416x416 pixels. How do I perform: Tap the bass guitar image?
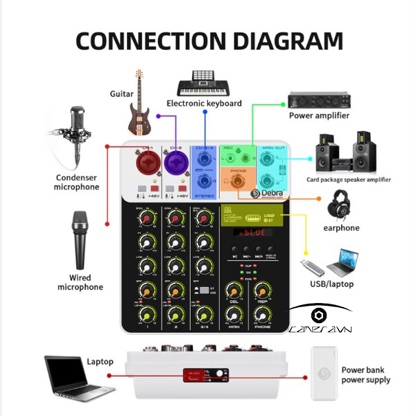[x=139, y=103]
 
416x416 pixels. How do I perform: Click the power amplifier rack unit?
[x=320, y=100]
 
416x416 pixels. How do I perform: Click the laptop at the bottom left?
[x=66, y=379]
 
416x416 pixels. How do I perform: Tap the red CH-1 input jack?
[x=147, y=164]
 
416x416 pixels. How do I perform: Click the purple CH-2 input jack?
[x=175, y=164]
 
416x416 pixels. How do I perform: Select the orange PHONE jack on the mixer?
[x=237, y=182]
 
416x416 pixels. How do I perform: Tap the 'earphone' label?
[x=341, y=228]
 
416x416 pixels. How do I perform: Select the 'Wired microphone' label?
[x=80, y=282]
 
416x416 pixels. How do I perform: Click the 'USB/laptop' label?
[x=331, y=284]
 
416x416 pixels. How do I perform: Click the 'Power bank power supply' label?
[x=365, y=375]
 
